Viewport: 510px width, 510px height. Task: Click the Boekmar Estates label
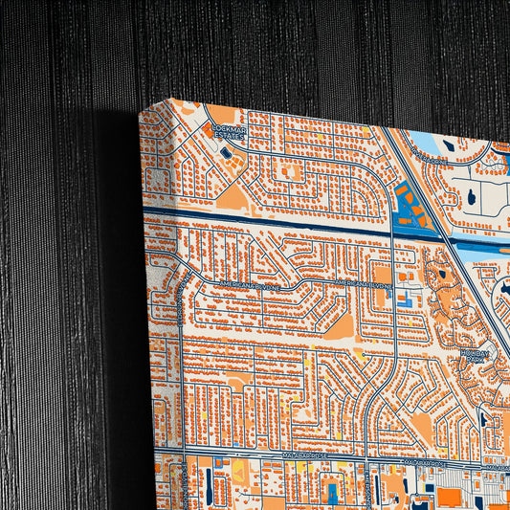tap(228, 131)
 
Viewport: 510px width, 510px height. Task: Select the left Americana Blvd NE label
tap(252, 286)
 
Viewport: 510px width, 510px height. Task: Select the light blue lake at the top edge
tap(431, 144)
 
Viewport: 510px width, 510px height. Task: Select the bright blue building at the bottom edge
tap(331, 493)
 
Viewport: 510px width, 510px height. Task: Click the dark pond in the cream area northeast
tap(472, 197)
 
